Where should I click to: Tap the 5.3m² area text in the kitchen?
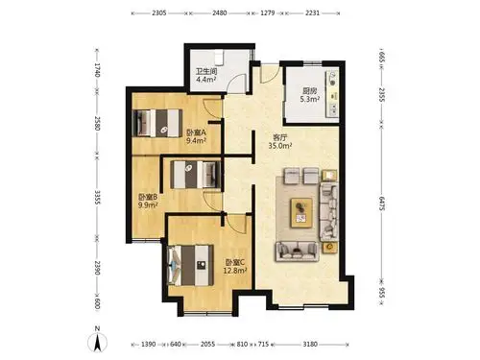tap(309, 99)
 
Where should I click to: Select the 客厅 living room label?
tap(279, 137)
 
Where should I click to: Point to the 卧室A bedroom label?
tap(196, 132)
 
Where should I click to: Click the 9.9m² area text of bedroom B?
tap(148, 205)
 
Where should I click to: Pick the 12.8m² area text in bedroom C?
tap(234, 271)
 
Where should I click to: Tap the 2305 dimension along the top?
tap(159, 13)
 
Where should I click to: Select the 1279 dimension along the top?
tap(268, 13)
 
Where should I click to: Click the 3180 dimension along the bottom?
tap(310, 345)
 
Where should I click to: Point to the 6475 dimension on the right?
tap(381, 204)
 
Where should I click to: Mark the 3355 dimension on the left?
tap(97, 198)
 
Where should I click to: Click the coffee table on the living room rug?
tap(301, 213)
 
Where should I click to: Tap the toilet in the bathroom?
tap(219, 58)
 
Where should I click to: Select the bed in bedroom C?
tap(191, 265)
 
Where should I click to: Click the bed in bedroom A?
tap(157, 123)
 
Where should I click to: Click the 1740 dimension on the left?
tap(97, 70)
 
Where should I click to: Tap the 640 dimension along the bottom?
tap(176, 345)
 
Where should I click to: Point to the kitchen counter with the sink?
tap(332, 93)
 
